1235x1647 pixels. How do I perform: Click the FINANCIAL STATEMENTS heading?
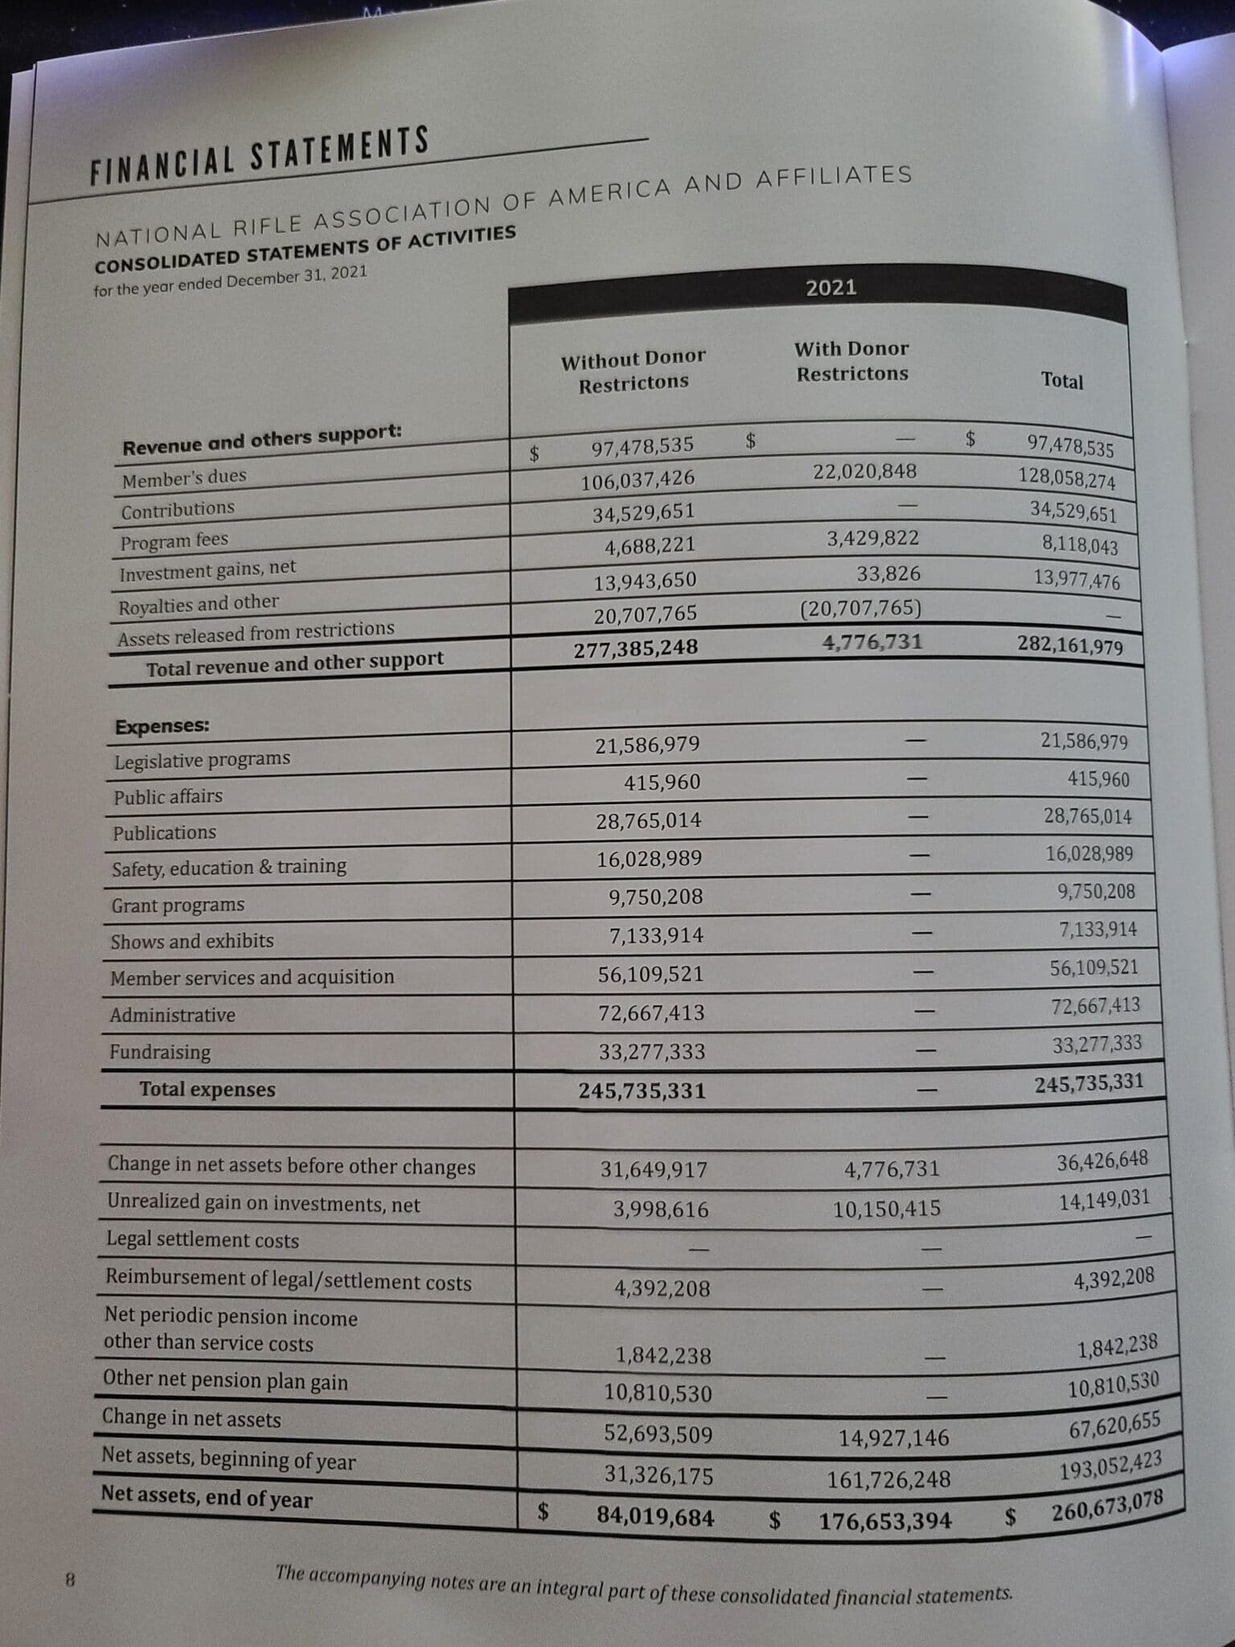pos(260,154)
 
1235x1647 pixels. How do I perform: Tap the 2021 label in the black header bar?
pos(831,288)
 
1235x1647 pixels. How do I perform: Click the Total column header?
pos(1061,381)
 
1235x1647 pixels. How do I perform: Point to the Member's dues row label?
pos(184,478)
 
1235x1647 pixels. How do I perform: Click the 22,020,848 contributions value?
pos(864,471)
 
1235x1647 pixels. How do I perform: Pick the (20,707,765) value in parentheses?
pos(860,608)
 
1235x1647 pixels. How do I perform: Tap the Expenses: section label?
pos(162,726)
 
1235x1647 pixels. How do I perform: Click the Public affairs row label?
pos(167,796)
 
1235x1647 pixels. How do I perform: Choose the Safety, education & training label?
pos(229,868)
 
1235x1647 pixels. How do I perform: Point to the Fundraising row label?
pos(160,1052)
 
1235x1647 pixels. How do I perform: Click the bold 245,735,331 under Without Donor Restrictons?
pos(642,1091)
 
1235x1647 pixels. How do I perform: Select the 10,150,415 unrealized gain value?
pos(886,1209)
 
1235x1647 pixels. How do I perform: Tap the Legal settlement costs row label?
pos(203,1240)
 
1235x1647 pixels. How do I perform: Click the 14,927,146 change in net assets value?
pos(893,1438)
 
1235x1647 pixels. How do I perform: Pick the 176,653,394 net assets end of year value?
pos(885,1521)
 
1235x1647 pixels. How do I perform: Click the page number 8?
pos(70,1579)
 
